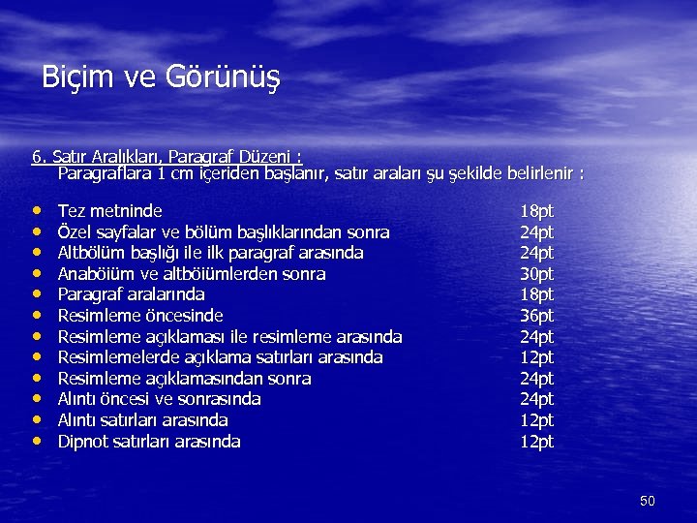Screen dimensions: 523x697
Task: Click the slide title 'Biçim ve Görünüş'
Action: (161, 77)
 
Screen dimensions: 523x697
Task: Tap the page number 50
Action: (648, 501)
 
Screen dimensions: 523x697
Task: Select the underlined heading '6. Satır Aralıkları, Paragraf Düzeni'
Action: (167, 157)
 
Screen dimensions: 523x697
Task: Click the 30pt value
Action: (536, 273)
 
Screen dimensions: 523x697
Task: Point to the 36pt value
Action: (536, 316)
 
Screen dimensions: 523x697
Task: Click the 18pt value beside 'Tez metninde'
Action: (536, 210)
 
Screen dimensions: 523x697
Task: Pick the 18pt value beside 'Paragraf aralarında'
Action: (536, 294)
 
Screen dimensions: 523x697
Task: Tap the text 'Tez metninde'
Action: (110, 210)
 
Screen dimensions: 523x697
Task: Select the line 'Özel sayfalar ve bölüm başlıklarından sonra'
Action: (224, 231)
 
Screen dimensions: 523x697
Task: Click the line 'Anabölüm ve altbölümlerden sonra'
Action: (192, 273)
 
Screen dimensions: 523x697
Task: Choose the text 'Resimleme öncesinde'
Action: (140, 316)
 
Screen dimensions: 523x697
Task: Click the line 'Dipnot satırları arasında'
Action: (149, 442)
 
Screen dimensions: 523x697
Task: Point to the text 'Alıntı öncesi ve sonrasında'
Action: (160, 399)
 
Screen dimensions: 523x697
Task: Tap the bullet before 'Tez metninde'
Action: (36, 210)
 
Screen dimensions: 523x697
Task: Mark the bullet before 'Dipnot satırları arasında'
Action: (36, 442)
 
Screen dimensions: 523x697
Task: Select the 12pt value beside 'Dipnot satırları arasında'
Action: (536, 442)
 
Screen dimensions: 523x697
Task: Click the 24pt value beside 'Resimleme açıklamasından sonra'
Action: (536, 379)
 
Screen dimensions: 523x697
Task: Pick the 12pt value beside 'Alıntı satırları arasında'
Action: (536, 420)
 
